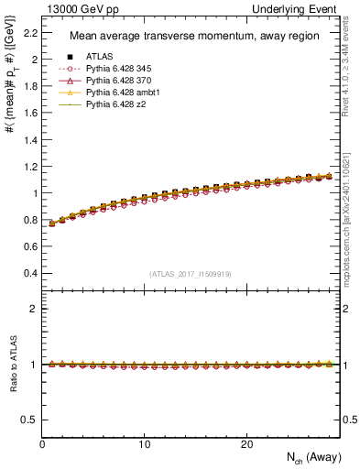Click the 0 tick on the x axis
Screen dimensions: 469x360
42,443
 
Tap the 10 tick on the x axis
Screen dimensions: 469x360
144,443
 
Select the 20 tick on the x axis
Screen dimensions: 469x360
245,443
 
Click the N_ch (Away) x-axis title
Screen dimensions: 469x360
310,458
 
